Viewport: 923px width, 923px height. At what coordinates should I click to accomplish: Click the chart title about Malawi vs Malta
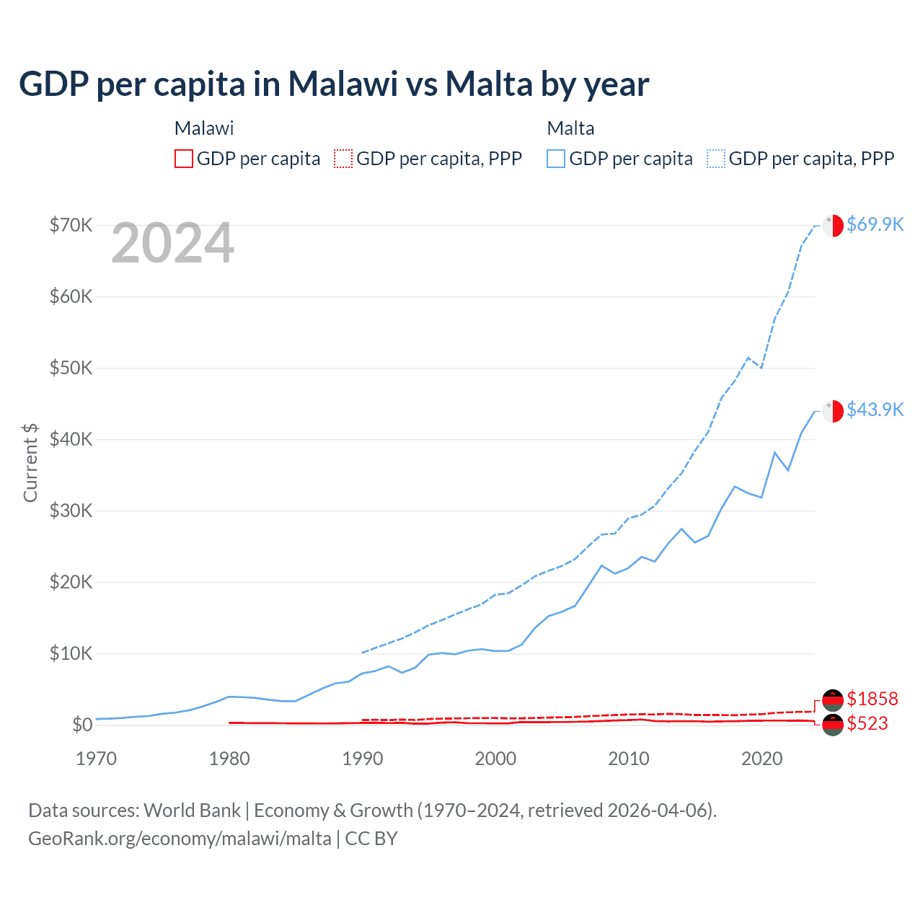click(334, 84)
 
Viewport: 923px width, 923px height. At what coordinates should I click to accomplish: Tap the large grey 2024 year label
click(172, 243)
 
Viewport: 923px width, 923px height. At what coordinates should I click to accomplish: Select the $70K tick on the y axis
click(71, 225)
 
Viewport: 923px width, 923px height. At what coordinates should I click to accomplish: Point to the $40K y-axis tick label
click(71, 439)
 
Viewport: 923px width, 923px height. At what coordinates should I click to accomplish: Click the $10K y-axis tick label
click(71, 653)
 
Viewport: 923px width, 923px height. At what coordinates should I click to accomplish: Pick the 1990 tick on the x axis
click(363, 759)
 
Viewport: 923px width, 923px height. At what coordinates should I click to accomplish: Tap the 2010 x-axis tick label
click(629, 759)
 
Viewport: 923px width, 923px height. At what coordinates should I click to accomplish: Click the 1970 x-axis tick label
click(96, 759)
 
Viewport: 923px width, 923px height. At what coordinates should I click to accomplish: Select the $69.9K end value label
click(875, 224)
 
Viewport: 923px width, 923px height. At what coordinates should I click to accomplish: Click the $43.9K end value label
click(875, 410)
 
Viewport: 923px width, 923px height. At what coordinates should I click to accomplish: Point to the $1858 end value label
click(872, 699)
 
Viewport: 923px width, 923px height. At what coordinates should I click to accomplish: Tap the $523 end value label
click(867, 723)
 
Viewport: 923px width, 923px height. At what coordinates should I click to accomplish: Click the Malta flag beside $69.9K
click(833, 225)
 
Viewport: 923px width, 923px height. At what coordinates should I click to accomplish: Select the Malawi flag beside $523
click(833, 725)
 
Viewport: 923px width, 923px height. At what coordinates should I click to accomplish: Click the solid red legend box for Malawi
click(184, 159)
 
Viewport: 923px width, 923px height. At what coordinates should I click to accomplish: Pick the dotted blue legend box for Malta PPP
click(716, 159)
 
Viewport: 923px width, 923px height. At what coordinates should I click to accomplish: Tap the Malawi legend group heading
click(204, 128)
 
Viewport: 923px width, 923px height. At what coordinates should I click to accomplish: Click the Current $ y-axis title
click(30, 462)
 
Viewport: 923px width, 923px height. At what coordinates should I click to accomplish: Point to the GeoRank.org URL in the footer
click(180, 839)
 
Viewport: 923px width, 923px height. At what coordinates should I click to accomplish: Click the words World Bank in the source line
click(192, 811)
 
